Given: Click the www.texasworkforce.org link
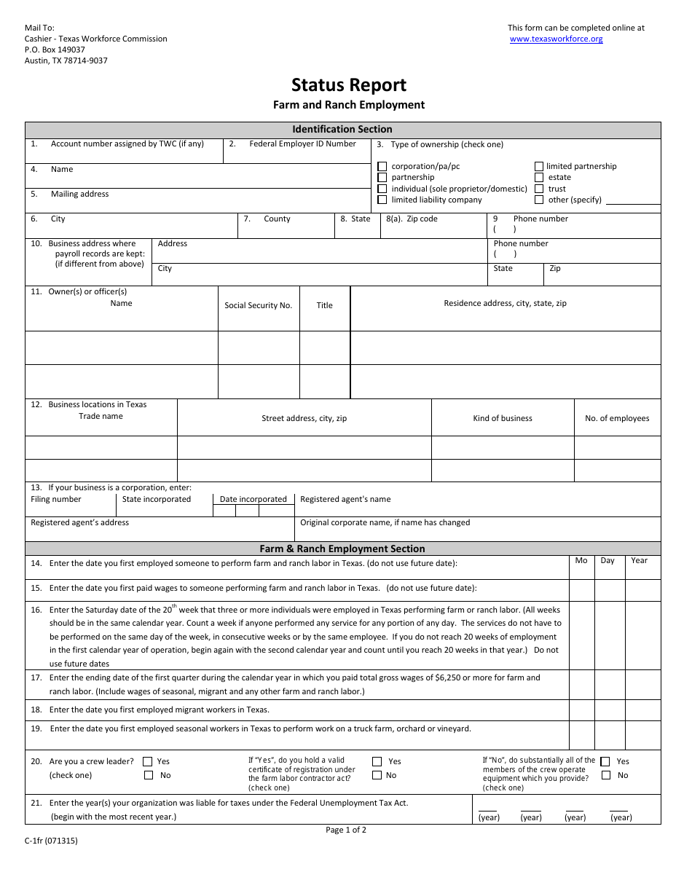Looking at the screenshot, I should (556, 39).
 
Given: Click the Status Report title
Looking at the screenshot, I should (349, 85).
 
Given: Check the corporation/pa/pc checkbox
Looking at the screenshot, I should (382, 166).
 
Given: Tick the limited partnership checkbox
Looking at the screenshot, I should (539, 166).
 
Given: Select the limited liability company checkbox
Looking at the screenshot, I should (382, 200).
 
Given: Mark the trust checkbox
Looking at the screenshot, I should (539, 189).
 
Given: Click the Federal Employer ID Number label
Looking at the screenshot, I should (302, 144).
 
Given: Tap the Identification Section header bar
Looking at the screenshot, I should (342, 130).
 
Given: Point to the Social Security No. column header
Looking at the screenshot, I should (258, 306).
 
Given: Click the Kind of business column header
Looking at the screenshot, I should (503, 419).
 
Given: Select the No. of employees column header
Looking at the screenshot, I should (617, 419).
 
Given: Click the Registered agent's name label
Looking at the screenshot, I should (345, 500).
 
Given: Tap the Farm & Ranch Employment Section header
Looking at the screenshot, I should (342, 549).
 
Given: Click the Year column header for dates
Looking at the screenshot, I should (639, 561).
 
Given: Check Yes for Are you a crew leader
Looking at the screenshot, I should (148, 762).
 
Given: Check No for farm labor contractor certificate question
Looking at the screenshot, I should (377, 775).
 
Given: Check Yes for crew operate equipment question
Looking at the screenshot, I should (605, 762).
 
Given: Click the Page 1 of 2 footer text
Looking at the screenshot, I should (346, 830).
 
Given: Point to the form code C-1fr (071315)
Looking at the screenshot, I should (51, 841).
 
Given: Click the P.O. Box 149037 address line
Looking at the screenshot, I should (55, 50).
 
